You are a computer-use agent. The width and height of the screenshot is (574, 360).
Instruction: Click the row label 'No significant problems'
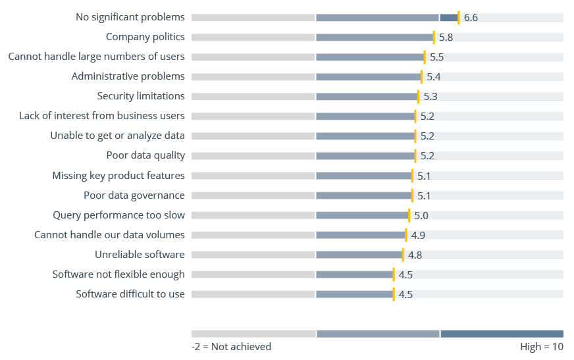130,17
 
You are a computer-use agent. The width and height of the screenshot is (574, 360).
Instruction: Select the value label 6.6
471,17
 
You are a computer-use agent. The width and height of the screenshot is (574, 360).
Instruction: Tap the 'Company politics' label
145,37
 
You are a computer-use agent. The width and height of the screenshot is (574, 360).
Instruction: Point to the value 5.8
446,38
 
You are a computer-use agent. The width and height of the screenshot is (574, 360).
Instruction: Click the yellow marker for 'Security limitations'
418,97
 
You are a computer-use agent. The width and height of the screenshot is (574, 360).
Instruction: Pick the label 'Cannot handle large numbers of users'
96,57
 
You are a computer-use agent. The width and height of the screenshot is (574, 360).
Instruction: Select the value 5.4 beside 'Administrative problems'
433,77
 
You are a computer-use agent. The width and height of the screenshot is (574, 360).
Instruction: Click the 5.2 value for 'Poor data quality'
427,156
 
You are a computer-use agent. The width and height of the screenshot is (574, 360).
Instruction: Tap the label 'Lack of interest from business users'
102,116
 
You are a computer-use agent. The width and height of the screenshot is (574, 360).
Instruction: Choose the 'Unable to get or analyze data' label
117,136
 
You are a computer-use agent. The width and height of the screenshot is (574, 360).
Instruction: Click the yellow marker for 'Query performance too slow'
409,215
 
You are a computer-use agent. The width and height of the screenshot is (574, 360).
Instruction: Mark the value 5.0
421,215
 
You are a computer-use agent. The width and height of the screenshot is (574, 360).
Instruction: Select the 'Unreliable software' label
140,255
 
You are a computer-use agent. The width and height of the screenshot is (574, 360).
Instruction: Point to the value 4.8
415,255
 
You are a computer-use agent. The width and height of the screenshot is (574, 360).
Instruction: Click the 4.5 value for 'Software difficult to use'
405,294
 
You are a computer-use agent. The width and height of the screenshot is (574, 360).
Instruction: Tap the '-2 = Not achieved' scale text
231,347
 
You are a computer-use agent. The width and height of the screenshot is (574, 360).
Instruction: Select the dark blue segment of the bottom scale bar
502,334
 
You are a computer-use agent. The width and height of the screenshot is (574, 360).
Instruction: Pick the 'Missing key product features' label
118,176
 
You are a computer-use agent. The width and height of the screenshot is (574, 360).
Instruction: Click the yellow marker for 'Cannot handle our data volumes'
405,235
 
